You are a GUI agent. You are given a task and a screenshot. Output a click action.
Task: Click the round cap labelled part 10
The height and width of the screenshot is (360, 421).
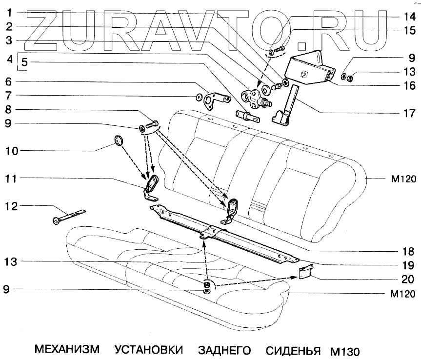tap(118, 140)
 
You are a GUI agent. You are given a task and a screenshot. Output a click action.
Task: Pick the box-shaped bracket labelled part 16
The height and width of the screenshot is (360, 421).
tap(311, 68)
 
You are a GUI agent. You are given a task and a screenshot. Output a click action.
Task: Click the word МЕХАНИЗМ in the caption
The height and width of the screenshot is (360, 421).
tap(67, 350)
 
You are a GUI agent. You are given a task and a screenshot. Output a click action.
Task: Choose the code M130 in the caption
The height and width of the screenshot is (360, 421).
tap(344, 351)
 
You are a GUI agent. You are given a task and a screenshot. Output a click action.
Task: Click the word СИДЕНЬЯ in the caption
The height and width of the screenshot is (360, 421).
tap(293, 350)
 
